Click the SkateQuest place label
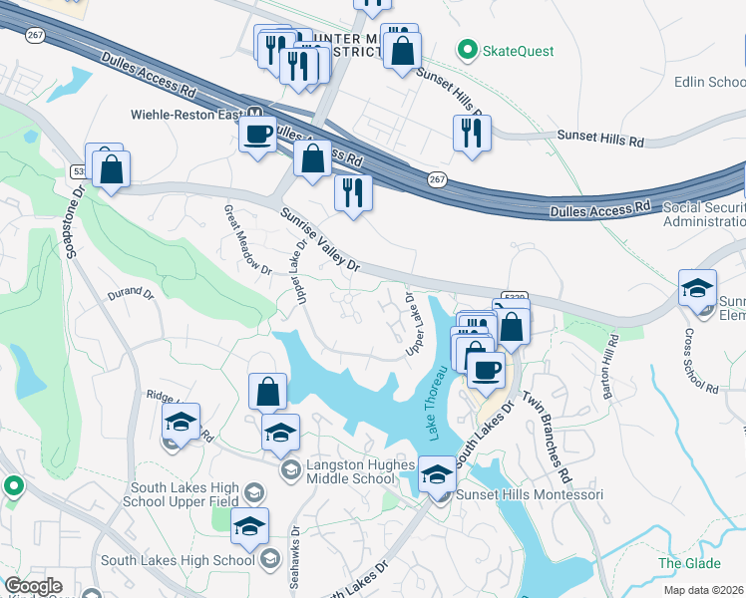pyautogui.click(x=519, y=50)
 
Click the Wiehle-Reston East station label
pyautogui.click(x=187, y=114)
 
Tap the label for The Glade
pyautogui.click(x=682, y=563)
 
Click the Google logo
pyautogui.click(x=33, y=586)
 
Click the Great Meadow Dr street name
pyautogui.click(x=247, y=239)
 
